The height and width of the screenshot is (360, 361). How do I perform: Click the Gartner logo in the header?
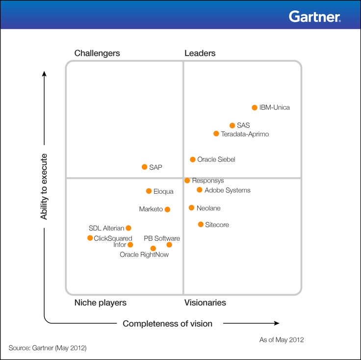314,17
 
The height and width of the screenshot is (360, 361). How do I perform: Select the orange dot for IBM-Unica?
255,107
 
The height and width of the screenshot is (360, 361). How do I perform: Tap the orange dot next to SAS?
232,126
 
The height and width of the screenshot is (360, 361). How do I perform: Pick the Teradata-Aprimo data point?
216,133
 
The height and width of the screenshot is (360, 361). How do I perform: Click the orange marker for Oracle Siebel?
193,159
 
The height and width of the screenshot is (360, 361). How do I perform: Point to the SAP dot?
144,167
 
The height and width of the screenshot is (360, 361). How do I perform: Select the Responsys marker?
187,180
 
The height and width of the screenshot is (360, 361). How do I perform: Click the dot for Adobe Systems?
200,190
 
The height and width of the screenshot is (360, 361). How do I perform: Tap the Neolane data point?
192,208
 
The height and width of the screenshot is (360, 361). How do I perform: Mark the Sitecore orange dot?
201,224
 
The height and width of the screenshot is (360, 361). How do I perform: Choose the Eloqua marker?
149,191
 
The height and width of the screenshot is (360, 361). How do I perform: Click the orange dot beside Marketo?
167,209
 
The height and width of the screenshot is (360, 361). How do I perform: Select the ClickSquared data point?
90,238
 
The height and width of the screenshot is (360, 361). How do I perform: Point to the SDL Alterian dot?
129,228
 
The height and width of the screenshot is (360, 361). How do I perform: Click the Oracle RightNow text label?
144,255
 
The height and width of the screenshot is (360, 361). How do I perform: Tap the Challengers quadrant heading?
97,53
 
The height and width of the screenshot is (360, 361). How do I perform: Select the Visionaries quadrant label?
205,303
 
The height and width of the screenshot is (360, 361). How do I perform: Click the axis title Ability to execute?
44,186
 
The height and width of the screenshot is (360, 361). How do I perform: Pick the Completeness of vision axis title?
167,323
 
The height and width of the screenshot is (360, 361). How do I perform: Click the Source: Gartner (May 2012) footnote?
48,348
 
